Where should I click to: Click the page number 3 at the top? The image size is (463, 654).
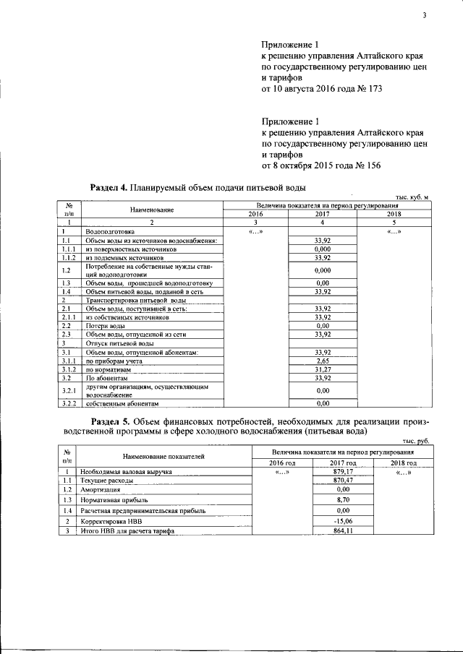pos(425,16)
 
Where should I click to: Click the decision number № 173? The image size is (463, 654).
pos(368,89)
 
